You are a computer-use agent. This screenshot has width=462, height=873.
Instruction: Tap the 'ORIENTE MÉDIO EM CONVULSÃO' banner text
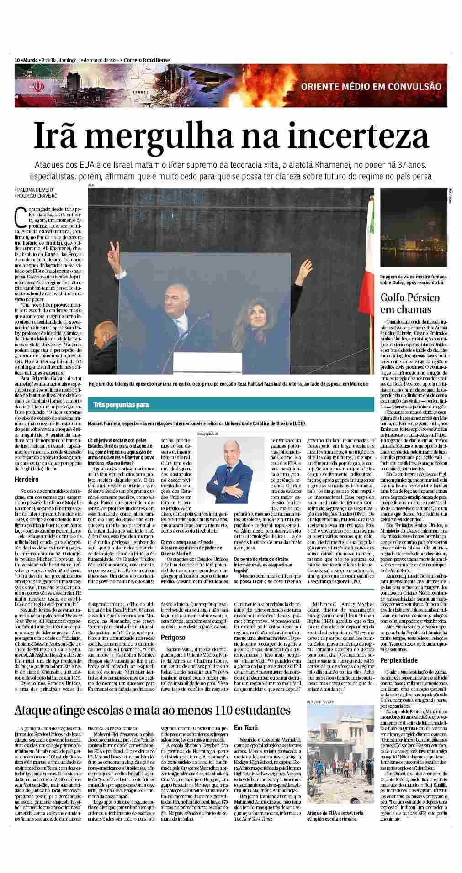pos(371,87)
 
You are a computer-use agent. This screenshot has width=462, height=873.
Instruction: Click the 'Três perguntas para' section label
pos(121,405)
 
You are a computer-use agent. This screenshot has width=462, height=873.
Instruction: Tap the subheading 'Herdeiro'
pos(27,480)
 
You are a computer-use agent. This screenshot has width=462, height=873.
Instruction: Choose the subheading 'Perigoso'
pos(173,637)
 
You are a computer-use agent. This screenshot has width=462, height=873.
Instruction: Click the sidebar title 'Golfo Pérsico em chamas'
pos(410,303)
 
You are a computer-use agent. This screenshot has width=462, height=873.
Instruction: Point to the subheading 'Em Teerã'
pos(246,727)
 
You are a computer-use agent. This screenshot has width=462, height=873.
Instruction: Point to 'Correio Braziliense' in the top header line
pos(147,60)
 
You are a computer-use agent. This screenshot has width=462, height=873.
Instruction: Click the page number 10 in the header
pos(17,60)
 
